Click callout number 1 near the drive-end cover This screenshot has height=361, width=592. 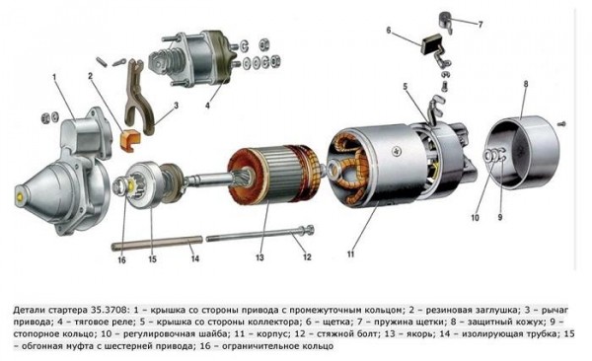click(x=57, y=75)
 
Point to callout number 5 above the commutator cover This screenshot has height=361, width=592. click(x=405, y=88)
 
